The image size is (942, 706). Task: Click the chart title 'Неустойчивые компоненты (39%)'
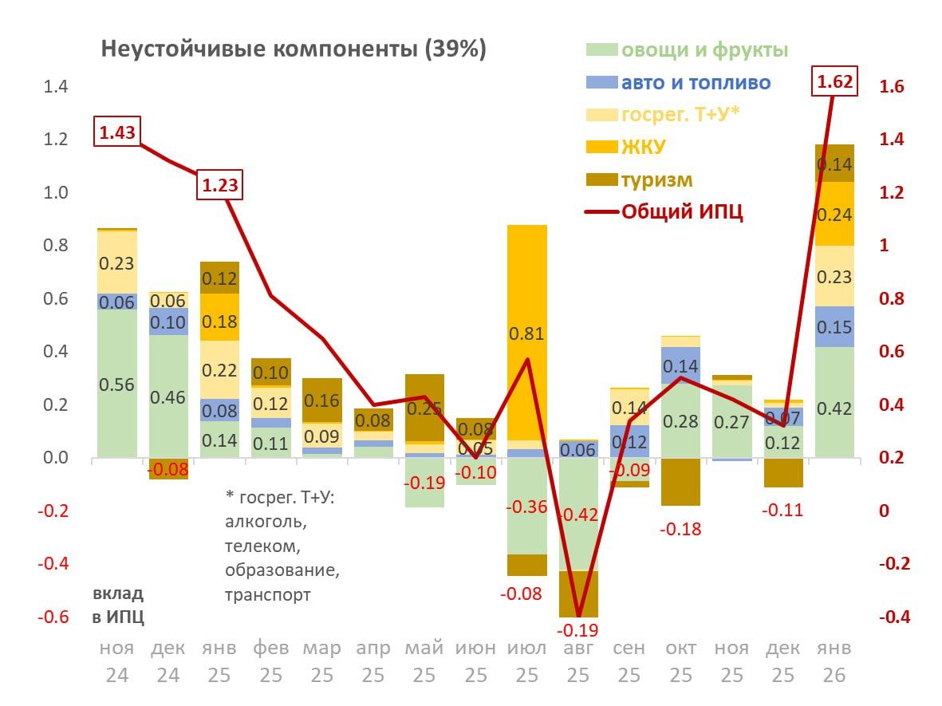coord(293,49)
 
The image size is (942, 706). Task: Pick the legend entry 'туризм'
coord(657,179)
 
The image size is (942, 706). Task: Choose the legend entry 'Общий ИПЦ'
coord(682,211)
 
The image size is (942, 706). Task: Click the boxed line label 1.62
coord(835,81)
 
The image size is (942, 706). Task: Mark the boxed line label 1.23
coord(219,185)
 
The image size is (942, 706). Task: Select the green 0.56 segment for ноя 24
coord(117,384)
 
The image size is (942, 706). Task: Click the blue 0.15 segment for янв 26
coord(834,327)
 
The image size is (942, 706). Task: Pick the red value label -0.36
coord(527,506)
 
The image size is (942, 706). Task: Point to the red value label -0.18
coord(680,529)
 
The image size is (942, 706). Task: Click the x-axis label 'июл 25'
coord(527,661)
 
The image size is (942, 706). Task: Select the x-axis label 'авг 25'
coord(578,661)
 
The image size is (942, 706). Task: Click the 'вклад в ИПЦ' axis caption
coord(119,605)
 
